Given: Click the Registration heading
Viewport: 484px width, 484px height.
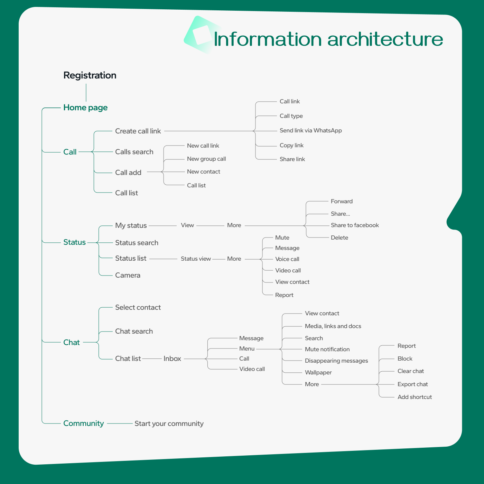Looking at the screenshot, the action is point(90,75).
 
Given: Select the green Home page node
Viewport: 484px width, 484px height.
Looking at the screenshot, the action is point(85,108).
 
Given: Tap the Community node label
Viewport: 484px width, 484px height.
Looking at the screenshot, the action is point(83,423).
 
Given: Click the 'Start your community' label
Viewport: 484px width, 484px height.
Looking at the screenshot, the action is point(169,423).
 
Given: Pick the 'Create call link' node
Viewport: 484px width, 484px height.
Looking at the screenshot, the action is point(138,131).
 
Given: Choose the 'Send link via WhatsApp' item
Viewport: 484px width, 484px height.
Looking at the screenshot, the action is point(311,130).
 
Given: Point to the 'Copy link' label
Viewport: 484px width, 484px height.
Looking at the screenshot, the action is point(291,145).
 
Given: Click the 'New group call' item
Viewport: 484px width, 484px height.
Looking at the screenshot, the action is point(206,159).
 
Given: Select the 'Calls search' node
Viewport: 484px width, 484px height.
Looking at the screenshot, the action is point(134,152).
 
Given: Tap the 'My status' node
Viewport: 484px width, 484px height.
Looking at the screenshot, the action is point(131,225).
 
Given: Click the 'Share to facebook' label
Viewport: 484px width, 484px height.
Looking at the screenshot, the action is point(355,225).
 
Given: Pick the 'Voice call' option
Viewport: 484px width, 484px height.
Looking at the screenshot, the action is point(287,259).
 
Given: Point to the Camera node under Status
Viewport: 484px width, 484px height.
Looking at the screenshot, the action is point(128,275).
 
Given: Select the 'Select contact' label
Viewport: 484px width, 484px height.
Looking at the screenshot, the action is point(138,307).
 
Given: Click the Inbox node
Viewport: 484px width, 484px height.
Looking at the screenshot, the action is point(172,359).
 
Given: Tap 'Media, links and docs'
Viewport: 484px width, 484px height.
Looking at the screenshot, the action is point(333,326).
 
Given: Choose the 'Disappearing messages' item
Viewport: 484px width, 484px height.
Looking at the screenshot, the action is point(336,361).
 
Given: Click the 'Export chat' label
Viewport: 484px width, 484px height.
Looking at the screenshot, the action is point(412,384).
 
